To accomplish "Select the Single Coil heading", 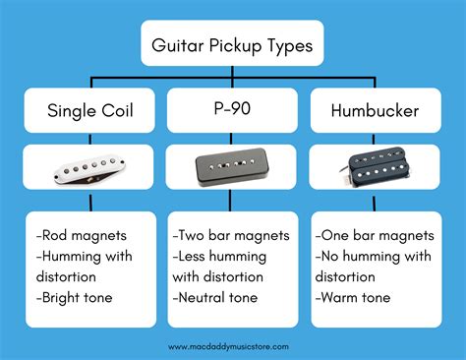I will pos(87,111).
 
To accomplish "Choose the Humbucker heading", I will pos(374,111).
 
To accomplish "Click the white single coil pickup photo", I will pos(87,168).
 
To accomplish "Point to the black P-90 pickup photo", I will pos(232,168).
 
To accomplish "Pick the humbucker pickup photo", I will pos(375,168).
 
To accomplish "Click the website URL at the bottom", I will pos(232,346).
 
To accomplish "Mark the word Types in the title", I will pos(288,44).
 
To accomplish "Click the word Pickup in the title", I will pos(233,44).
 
